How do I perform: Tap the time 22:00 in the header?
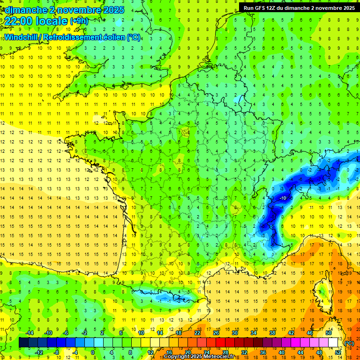click(x=20, y=21)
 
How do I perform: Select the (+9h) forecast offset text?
click(x=79, y=21)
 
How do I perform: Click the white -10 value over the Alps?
click(x=283, y=198)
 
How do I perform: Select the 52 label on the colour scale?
click(x=338, y=352)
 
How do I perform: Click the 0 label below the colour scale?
click(x=93, y=352)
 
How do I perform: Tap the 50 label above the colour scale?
click(x=329, y=333)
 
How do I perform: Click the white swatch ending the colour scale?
click(x=333, y=343)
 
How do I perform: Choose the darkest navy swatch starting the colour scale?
click(x=24, y=343)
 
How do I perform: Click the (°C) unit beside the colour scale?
click(x=349, y=343)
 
